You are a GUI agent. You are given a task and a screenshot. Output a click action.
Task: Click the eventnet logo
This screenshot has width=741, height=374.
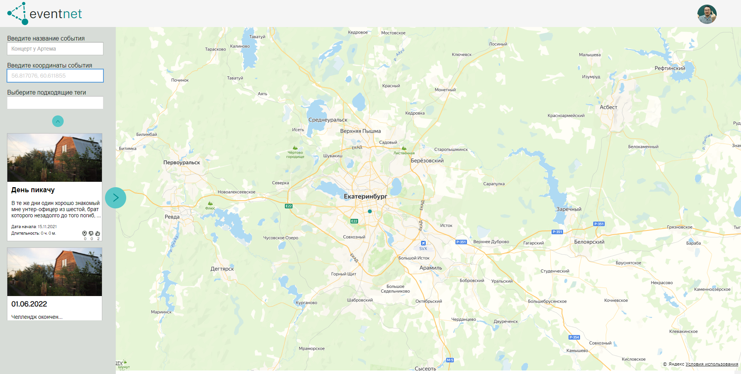[44, 14]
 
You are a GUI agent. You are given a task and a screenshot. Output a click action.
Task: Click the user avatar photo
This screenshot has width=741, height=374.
[707, 14]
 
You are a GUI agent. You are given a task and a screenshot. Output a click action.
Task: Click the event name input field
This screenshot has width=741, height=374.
[55, 49]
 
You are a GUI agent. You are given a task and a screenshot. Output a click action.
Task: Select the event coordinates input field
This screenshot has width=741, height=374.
[55, 76]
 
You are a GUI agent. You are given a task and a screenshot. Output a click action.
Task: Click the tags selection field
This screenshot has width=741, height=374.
[55, 103]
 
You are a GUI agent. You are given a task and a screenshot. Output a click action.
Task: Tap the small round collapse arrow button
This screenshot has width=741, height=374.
[58, 121]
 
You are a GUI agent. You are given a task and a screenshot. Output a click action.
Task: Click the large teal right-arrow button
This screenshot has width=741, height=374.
[115, 198]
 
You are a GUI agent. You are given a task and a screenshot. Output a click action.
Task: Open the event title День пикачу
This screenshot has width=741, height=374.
[33, 190]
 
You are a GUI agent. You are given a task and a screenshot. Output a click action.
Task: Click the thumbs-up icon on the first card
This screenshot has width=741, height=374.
[98, 234]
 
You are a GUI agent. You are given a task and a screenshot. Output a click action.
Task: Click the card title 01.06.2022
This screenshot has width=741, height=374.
[29, 304]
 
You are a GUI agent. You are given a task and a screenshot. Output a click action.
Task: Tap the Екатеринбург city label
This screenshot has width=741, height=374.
[365, 196]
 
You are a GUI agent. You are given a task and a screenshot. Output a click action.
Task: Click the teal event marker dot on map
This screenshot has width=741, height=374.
[370, 212]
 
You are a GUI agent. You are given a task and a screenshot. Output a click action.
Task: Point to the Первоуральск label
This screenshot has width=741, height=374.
[181, 162]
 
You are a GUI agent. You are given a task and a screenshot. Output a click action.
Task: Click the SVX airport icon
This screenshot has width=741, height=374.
[423, 243]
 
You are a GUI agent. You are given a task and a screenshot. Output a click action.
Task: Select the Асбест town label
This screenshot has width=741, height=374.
[608, 107]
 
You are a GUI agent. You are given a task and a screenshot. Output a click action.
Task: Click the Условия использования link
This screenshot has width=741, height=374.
[712, 364]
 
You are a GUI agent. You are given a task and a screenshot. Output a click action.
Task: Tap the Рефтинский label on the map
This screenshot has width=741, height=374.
[670, 68]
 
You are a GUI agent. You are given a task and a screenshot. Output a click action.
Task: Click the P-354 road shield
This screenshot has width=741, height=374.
[574, 337]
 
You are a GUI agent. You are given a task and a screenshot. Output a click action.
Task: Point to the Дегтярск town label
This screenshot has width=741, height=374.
[222, 269]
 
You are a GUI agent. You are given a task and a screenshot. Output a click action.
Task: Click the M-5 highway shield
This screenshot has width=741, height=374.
[450, 360]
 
